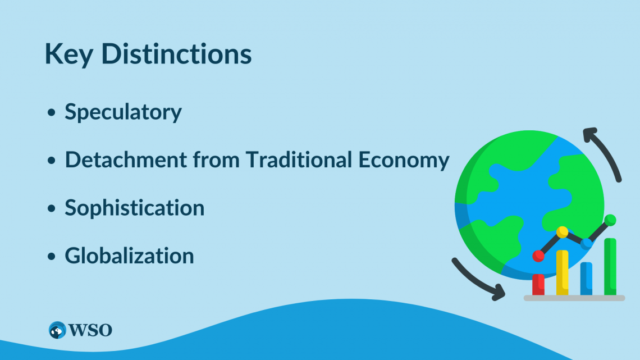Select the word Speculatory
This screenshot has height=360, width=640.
(123, 112)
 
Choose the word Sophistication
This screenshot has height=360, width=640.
(134, 208)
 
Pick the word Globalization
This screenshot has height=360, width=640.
(129, 256)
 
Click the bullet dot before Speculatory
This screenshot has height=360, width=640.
(52, 113)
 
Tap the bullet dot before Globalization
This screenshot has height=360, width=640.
(52, 256)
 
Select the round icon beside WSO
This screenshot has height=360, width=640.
(57, 330)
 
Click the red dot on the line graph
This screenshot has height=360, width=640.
(538, 256)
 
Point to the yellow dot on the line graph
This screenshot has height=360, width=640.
(562, 231)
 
